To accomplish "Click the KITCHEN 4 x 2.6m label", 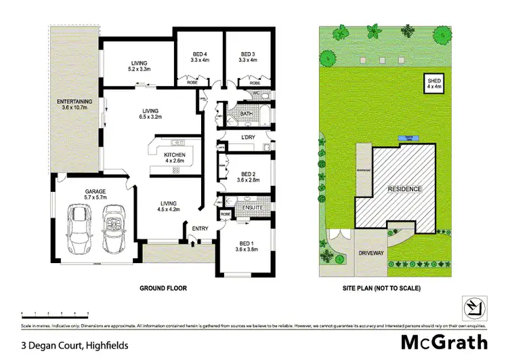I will (x=175, y=157).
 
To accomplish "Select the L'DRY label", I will (x=247, y=138).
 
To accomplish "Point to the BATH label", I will (x=246, y=114).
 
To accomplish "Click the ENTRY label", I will (x=200, y=228).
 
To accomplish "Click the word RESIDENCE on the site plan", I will (x=405, y=188).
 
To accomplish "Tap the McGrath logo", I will (x=444, y=341).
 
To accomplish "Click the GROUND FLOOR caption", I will (x=163, y=288).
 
